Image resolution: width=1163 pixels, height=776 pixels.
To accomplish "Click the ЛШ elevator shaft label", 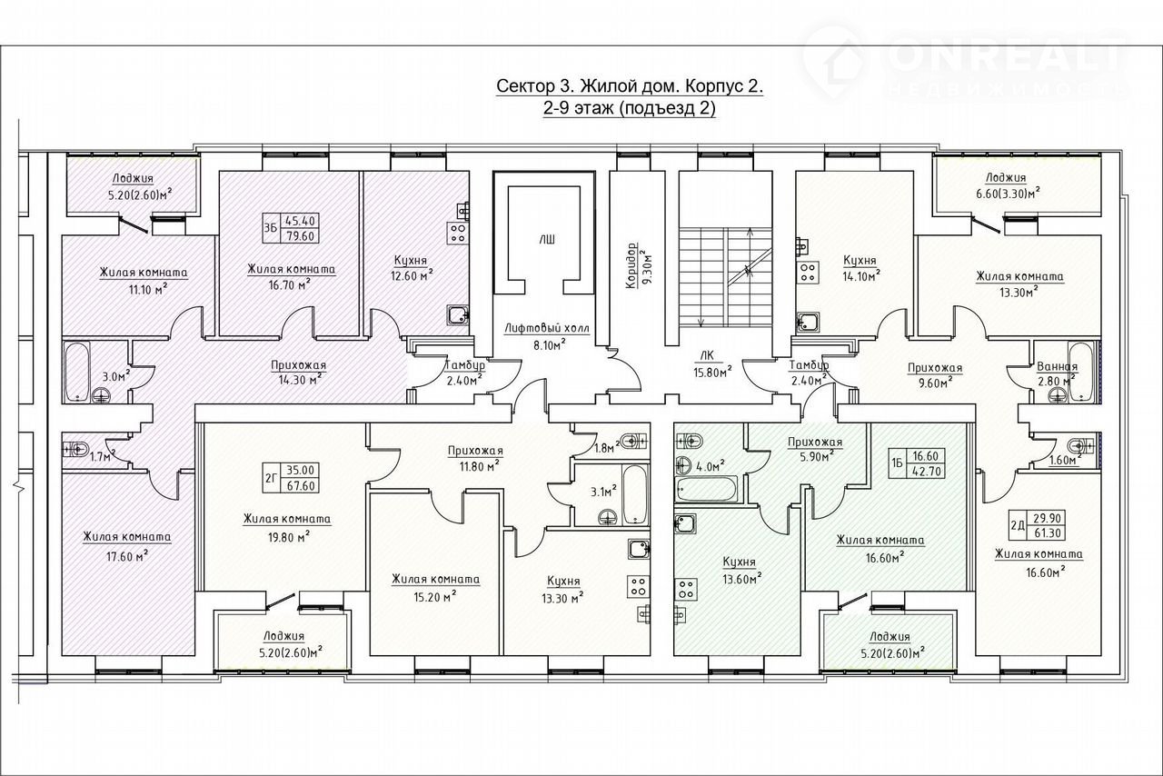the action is [x=546, y=240].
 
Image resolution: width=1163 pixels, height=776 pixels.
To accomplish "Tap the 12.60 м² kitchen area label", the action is [x=412, y=276].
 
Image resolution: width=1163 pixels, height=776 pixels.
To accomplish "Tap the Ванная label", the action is [x=1057, y=367].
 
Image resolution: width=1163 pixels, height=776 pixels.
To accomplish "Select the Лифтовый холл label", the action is [x=547, y=328].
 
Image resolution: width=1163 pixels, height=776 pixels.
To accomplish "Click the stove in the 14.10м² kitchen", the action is [x=808, y=273].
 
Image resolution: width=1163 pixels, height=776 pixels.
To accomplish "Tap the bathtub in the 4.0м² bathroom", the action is [x=707, y=489].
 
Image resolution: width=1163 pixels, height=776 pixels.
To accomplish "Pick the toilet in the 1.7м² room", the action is [x=75, y=449].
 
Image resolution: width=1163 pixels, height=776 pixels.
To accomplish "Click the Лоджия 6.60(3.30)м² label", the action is [x=1006, y=185].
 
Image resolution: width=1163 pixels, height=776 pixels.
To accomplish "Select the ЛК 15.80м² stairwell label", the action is [x=712, y=363].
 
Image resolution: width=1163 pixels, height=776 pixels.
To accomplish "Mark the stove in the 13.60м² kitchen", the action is [x=686, y=589].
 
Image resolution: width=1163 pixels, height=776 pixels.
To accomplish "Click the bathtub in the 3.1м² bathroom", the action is [x=635, y=494].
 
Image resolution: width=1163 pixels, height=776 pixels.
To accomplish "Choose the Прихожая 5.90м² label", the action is [x=815, y=449].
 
